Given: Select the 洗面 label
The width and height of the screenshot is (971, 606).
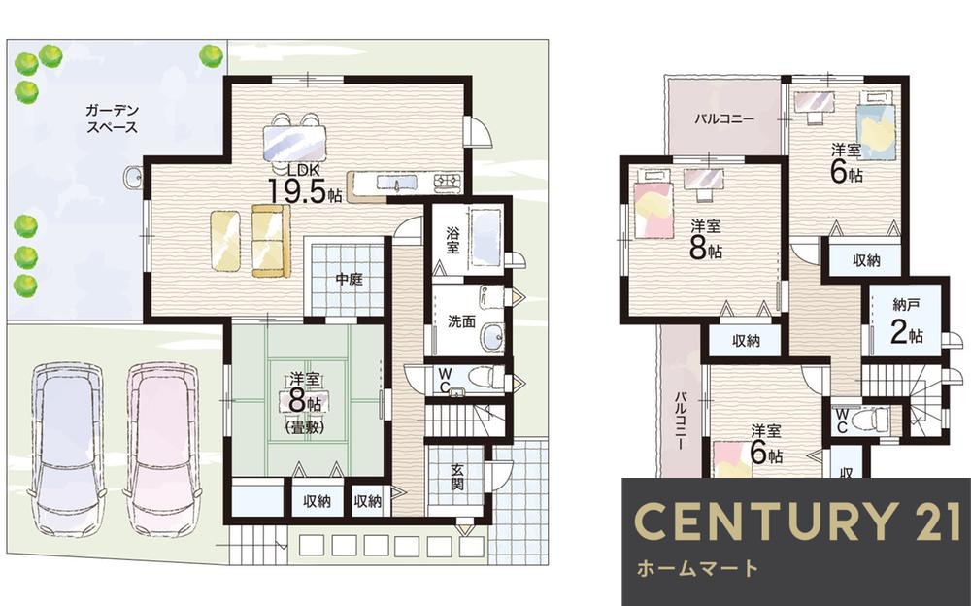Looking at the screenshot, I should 461,321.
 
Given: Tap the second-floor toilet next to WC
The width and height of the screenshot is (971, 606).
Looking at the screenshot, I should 870,419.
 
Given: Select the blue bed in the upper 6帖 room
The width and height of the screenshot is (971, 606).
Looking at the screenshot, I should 876,127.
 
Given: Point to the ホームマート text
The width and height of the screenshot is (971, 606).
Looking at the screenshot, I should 696,568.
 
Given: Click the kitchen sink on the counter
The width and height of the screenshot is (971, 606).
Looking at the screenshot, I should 397,183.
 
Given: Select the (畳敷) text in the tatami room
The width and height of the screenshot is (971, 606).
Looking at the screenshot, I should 304,426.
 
